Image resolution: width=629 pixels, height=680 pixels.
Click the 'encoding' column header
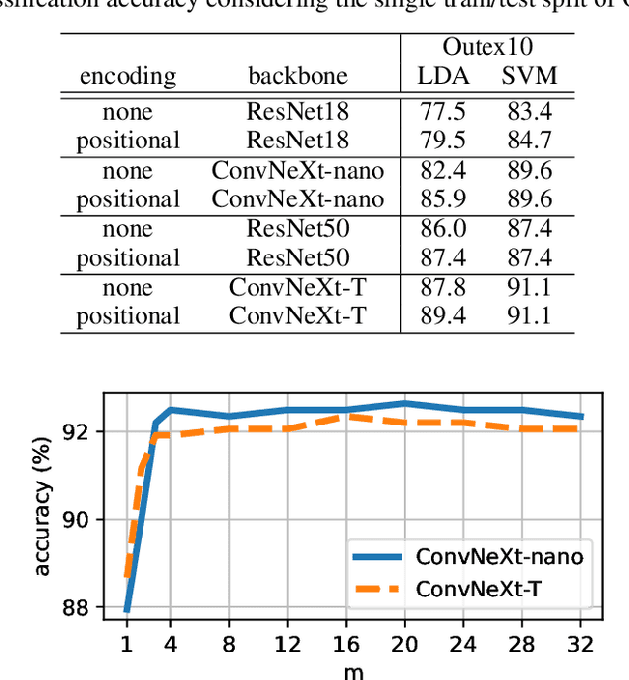click(128, 77)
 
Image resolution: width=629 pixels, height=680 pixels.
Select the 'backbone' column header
click(298, 77)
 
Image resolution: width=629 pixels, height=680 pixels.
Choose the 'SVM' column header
click(529, 77)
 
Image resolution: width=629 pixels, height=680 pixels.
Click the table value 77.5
click(442, 112)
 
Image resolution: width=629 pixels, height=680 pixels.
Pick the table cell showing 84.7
click(529, 140)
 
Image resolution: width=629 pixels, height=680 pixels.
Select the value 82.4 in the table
click(442, 171)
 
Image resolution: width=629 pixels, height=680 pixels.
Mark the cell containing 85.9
click(442, 198)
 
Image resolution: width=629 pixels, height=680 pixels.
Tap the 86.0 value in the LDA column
click(442, 229)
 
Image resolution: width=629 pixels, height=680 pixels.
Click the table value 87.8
click(442, 288)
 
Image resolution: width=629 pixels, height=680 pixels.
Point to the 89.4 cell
click(442, 315)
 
